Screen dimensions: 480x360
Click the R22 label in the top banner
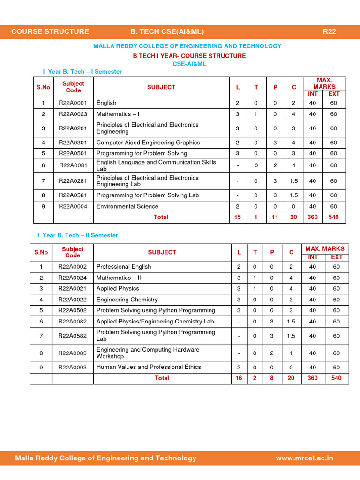(329, 31)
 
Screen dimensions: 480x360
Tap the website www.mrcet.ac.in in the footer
(304, 458)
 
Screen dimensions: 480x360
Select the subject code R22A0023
(73, 114)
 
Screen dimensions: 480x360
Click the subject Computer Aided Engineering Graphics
(148, 142)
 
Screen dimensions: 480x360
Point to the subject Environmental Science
(127, 206)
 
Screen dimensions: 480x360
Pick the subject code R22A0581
(73, 195)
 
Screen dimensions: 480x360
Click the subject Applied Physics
(118, 288)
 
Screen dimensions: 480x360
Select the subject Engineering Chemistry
(127, 300)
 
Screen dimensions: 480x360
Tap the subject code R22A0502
(72, 310)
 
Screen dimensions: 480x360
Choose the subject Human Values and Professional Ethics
(149, 367)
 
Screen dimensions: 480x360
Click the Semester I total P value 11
(275, 217)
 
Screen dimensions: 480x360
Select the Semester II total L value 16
(239, 378)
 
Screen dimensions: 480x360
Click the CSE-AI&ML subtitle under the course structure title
(189, 64)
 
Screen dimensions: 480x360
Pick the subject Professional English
(124, 267)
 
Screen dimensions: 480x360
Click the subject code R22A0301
(73, 142)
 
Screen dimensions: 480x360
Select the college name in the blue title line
(187, 46)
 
